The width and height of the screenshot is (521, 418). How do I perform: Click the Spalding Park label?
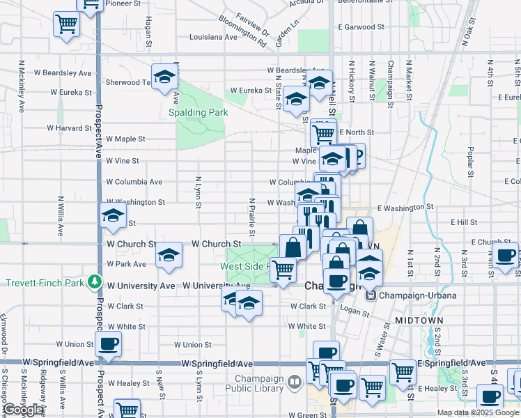pyautogui.click(x=198, y=111)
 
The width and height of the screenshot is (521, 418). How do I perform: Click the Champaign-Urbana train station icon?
pyautogui.click(x=371, y=295)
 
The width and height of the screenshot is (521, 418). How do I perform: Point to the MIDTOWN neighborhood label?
pyautogui.click(x=419, y=320)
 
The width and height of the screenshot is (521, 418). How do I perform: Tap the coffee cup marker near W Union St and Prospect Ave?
pyautogui.click(x=108, y=343)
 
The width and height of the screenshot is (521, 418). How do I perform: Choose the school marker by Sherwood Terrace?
pyautogui.click(x=164, y=77)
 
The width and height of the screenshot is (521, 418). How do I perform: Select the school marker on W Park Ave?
pyautogui.click(x=168, y=256)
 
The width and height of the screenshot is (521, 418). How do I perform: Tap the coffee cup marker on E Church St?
pyautogui.click(x=506, y=254)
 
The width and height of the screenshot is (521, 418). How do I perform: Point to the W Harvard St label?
pyautogui.click(x=69, y=128)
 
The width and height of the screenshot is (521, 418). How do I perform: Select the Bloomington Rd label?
pyautogui.click(x=242, y=31)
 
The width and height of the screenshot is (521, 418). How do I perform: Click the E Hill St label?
pyautogui.click(x=462, y=222)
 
